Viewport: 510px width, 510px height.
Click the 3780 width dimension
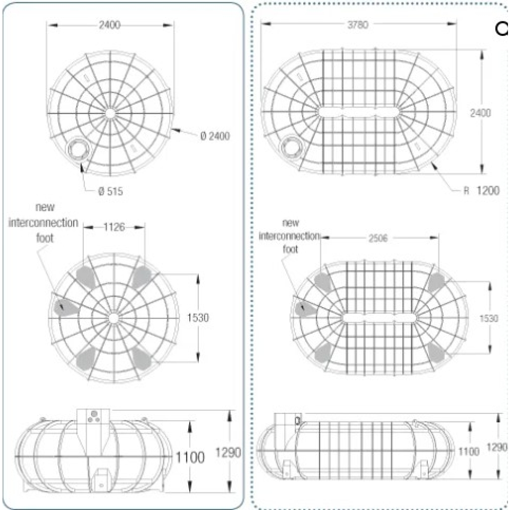[358, 25]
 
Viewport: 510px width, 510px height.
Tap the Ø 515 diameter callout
[111, 191]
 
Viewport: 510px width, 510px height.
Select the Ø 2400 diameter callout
[215, 136]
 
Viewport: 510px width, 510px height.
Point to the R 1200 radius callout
[482, 190]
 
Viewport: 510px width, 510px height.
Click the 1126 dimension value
[114, 227]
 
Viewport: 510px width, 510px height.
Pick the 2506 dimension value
[378, 239]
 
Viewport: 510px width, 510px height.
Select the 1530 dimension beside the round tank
[198, 317]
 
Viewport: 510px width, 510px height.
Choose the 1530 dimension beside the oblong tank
[489, 318]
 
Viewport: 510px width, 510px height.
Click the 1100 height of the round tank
[190, 457]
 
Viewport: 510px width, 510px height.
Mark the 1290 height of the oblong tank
[497, 447]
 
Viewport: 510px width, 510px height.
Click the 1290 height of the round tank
[228, 452]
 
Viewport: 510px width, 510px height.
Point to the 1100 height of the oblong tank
[469, 451]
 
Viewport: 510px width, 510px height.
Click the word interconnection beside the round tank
[43, 223]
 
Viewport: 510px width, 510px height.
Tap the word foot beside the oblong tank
[290, 249]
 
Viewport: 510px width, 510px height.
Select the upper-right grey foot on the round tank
[141, 277]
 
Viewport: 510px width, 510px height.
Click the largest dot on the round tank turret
[94, 414]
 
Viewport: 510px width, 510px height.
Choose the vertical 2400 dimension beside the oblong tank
[481, 113]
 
